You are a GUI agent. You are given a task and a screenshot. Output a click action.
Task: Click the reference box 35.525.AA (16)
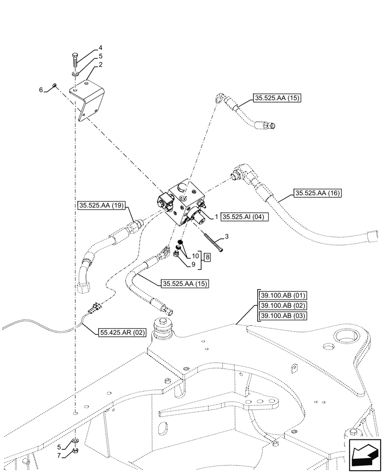(x=317, y=193)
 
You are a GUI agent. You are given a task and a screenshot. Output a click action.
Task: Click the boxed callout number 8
(x=207, y=257)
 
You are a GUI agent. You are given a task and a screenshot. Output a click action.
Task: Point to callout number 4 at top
(x=100, y=48)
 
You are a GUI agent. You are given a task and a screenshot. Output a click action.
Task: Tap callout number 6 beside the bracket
(x=41, y=89)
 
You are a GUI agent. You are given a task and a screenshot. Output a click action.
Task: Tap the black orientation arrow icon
(x=365, y=455)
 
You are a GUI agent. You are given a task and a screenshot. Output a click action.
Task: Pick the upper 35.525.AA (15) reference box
(x=277, y=98)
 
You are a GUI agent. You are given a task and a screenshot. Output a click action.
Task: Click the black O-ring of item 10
(x=180, y=245)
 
